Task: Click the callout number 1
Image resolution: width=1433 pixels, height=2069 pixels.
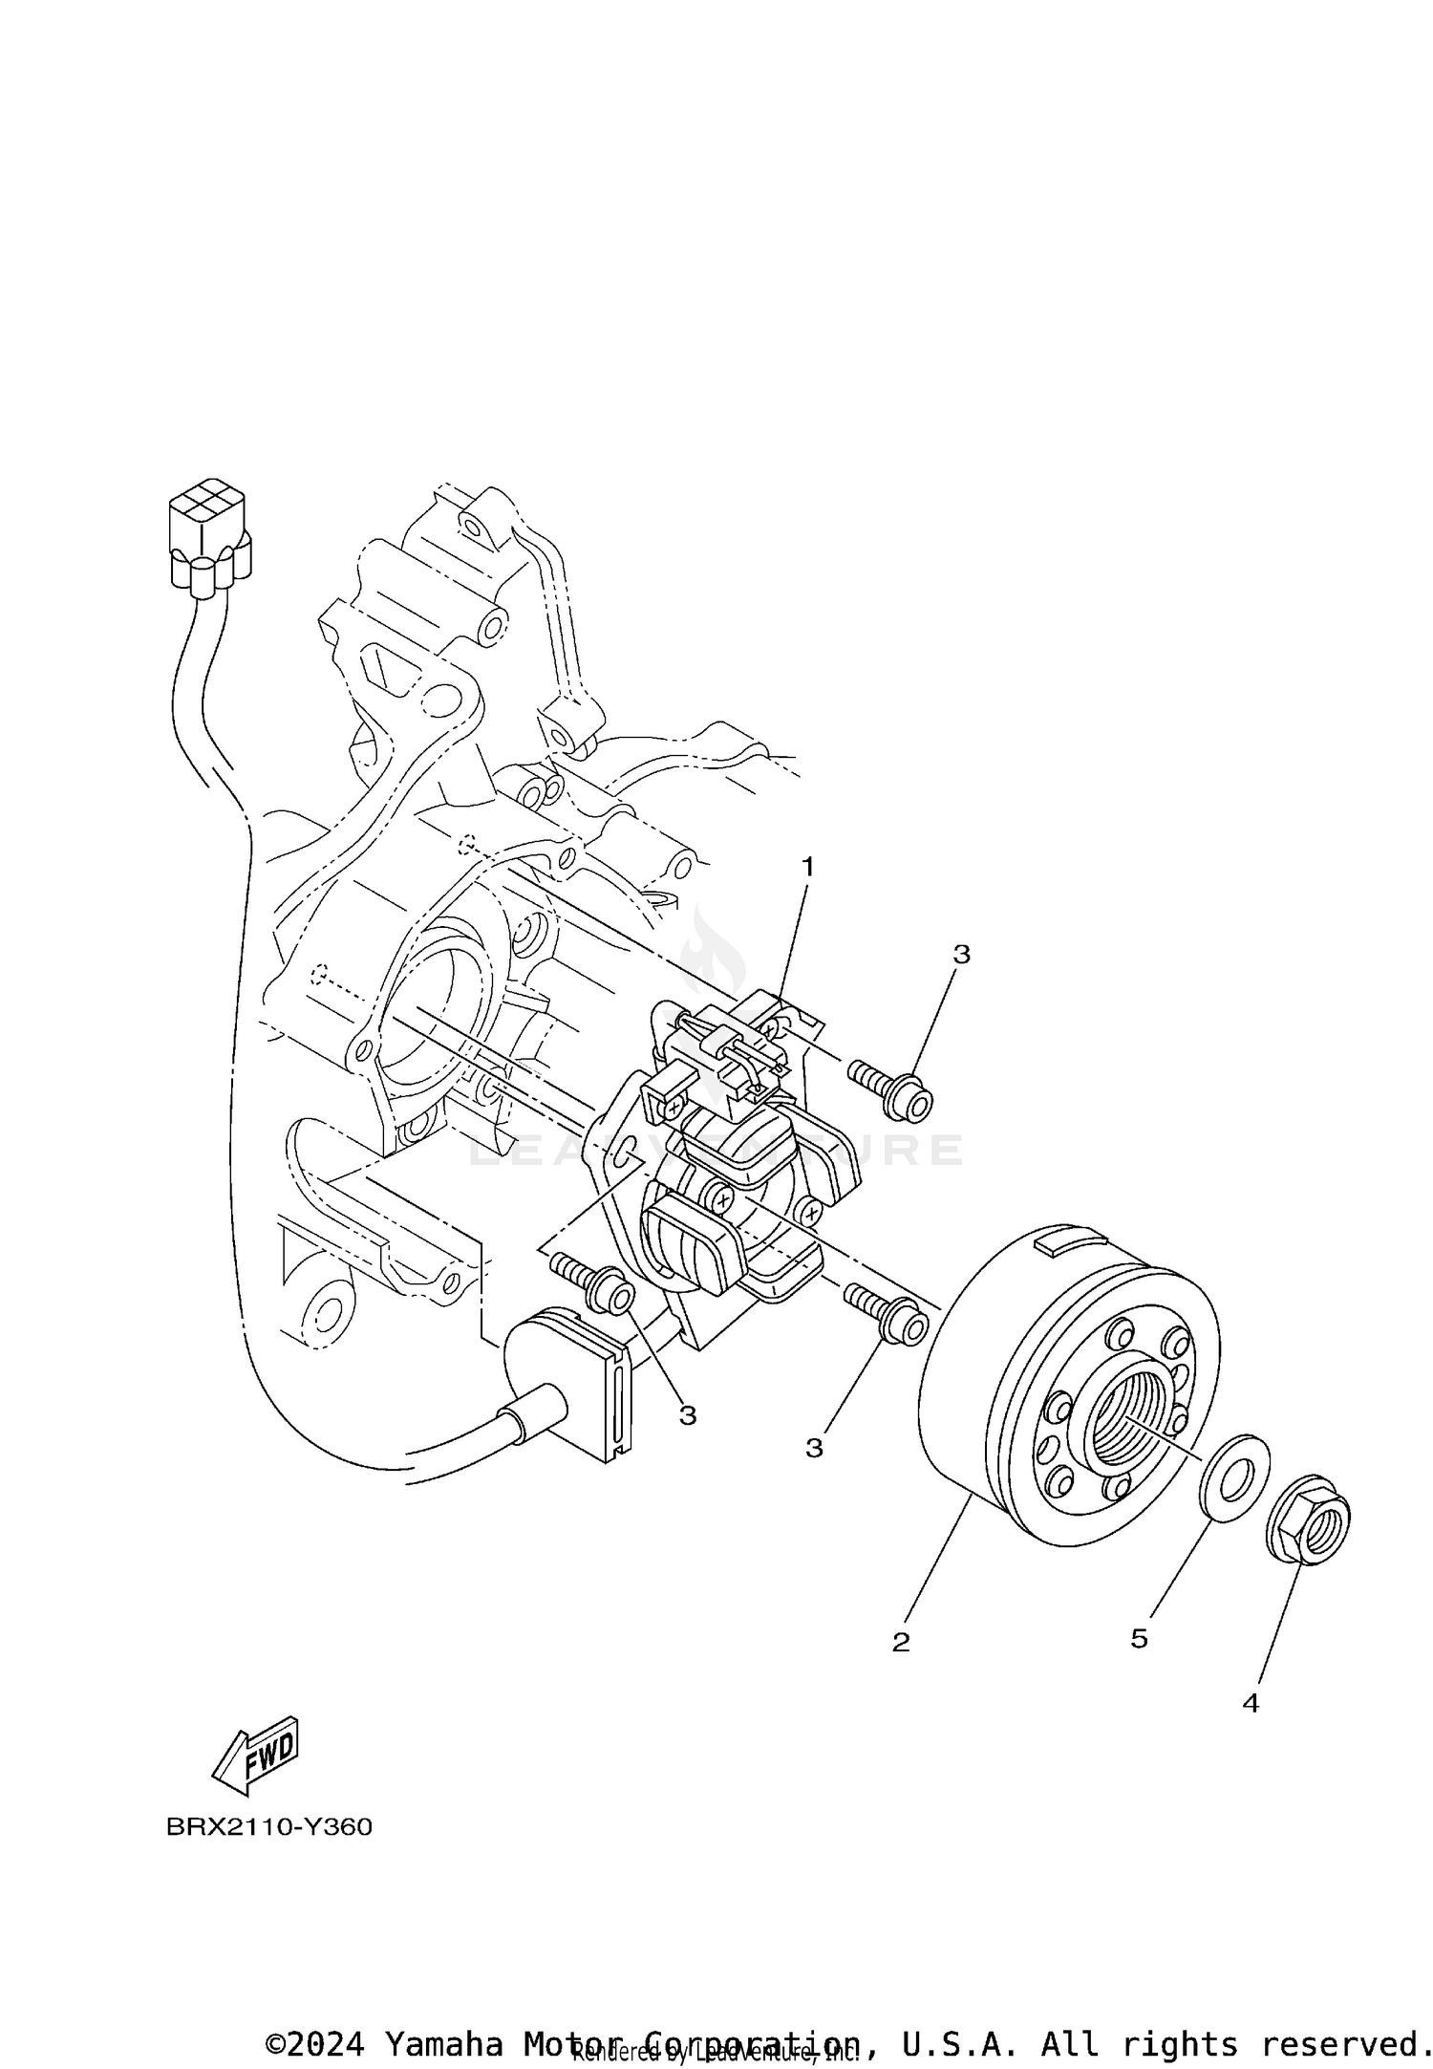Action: pos(808,868)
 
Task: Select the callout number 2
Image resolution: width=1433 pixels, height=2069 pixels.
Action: pos(901,1642)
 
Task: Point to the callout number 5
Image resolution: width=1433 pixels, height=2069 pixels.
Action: pos(1139,1639)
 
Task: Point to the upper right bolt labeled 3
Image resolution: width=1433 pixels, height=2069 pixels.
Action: pos(893,1089)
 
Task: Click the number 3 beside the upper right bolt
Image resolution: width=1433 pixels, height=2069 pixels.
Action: pos(961,954)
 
